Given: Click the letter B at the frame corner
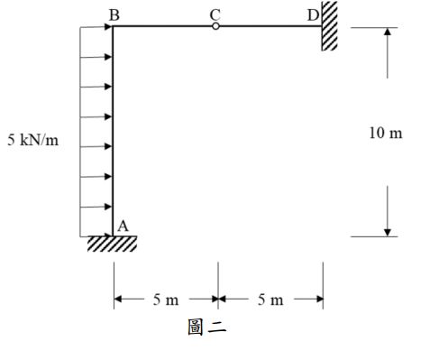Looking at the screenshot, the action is [113, 14].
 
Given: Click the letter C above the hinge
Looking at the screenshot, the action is [215, 14].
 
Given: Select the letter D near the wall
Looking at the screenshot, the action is [313, 14].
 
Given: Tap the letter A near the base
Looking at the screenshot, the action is [123, 226].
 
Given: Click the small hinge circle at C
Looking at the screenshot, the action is [215, 26].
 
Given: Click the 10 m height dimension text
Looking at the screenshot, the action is [386, 134].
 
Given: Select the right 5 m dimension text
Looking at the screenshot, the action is [270, 300].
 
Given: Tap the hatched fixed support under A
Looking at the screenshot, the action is [113, 244].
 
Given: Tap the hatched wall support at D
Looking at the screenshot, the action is [330, 25].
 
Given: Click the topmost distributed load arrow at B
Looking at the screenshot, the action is [97, 27].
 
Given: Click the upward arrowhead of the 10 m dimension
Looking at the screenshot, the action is [387, 32].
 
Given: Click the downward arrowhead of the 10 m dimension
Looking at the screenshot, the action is [387, 231].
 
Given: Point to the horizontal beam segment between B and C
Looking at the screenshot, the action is [162, 26].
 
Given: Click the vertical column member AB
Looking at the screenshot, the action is [113, 135].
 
